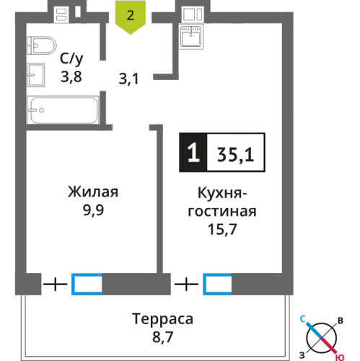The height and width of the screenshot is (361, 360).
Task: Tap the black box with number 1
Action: (191, 152)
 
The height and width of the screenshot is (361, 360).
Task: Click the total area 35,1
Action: (234, 152)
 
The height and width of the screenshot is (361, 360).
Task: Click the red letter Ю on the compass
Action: (338, 353)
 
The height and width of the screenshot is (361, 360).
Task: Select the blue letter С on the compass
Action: (306, 318)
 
